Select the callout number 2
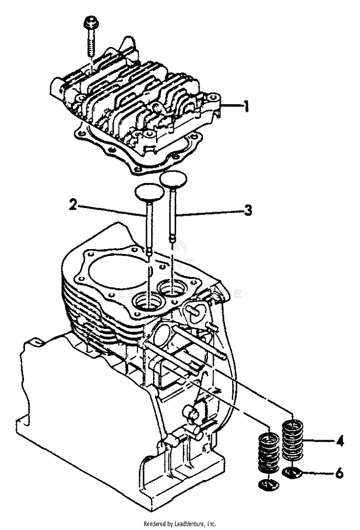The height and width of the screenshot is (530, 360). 73,205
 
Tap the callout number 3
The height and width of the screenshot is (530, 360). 248,210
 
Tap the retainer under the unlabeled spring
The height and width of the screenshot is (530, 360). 269,484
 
